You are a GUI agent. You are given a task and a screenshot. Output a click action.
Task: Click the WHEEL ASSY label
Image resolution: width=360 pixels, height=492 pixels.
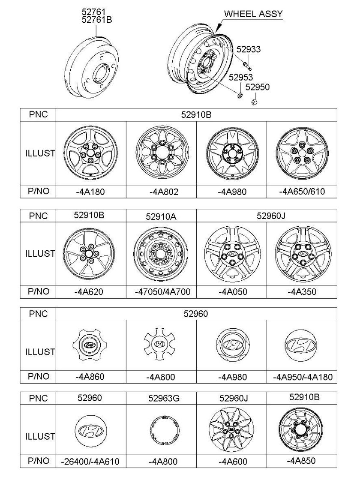[253, 14]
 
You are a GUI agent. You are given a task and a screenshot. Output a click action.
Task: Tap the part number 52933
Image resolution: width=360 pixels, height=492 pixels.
[248, 49]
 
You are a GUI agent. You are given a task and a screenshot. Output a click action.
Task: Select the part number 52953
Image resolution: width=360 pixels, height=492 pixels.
[241, 77]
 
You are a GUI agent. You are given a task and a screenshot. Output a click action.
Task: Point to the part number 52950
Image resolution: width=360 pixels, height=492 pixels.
[258, 87]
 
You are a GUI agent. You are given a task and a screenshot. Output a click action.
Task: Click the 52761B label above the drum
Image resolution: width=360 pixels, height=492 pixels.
[97, 20]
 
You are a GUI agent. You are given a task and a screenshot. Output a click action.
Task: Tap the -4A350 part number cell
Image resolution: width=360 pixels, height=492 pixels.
[302, 292]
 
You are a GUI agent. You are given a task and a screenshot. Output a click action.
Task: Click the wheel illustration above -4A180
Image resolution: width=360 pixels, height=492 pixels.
[90, 153]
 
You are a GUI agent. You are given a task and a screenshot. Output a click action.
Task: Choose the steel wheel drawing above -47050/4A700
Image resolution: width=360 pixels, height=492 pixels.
[161, 254]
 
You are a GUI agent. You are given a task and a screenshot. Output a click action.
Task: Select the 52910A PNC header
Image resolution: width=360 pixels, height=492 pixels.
[161, 216]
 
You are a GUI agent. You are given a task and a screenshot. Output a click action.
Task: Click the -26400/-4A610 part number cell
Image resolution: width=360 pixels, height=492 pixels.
[90, 462]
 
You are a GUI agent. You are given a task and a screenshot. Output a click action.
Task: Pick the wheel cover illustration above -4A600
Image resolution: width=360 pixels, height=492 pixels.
[231, 430]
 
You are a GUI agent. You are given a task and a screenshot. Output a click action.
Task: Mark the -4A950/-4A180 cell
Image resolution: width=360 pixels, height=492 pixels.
[302, 377]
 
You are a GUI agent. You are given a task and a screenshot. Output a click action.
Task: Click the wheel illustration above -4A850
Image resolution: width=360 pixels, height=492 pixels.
[301, 430]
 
